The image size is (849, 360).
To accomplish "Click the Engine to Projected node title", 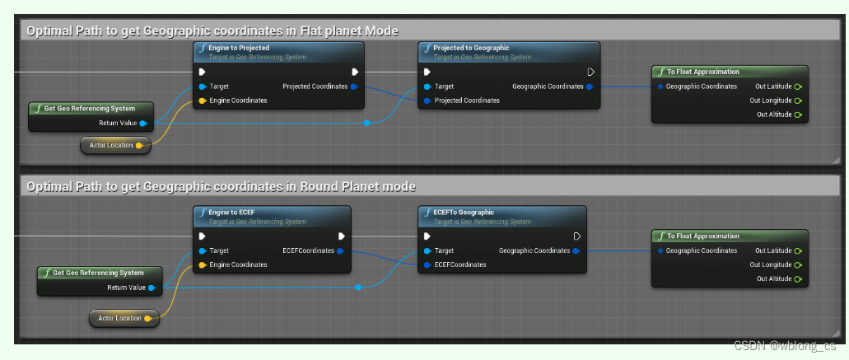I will [x=239, y=49].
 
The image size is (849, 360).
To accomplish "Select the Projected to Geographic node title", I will [x=471, y=49].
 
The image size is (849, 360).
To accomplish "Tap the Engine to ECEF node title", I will [x=232, y=213].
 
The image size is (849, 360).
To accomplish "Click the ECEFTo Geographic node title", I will [x=464, y=213].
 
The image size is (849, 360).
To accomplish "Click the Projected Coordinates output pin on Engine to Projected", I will [x=353, y=86].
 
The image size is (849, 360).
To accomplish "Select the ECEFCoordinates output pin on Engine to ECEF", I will [x=340, y=250].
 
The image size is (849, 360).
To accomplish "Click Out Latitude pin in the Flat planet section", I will [x=798, y=86].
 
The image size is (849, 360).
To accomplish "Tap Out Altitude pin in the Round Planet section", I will [x=798, y=278].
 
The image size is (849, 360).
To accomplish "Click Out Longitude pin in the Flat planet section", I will [x=798, y=101].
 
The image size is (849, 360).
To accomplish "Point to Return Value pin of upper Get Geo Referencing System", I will [x=143, y=123].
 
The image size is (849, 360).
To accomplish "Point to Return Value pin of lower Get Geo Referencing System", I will [x=152, y=288].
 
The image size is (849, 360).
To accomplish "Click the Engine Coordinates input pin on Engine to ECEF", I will [x=202, y=264].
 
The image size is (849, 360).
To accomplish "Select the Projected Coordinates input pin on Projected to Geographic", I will [x=427, y=101].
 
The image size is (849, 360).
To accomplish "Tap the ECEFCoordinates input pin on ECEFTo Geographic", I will [x=427, y=264].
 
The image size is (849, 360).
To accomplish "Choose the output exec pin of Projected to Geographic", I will [x=590, y=72].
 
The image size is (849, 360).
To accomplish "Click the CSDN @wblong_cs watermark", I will [x=784, y=347].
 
